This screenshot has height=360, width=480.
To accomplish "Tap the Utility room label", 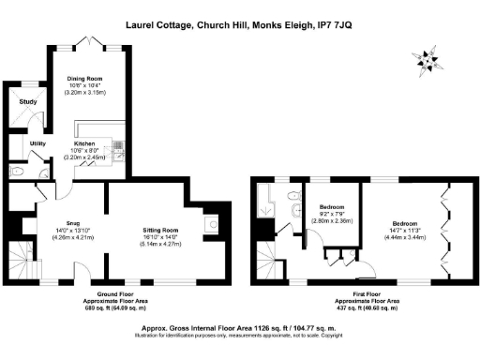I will click(38, 143).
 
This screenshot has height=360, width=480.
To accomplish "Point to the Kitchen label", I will click(86, 143).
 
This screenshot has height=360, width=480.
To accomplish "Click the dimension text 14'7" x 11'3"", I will click(405, 231).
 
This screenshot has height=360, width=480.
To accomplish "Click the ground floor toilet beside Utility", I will click(19, 172).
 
